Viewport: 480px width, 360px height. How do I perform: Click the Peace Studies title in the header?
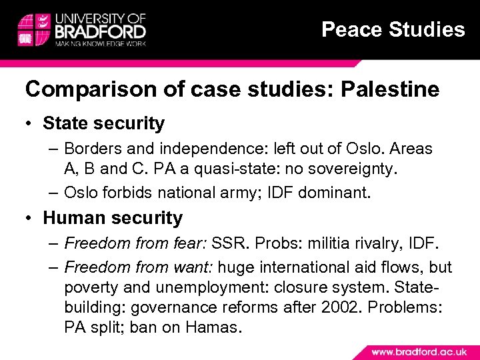(393, 30)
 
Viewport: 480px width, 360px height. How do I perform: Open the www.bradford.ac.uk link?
(419, 351)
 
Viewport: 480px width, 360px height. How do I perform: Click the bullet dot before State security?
(31, 123)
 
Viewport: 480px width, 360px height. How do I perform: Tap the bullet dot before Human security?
(31, 218)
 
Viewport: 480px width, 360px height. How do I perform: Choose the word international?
(303, 267)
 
